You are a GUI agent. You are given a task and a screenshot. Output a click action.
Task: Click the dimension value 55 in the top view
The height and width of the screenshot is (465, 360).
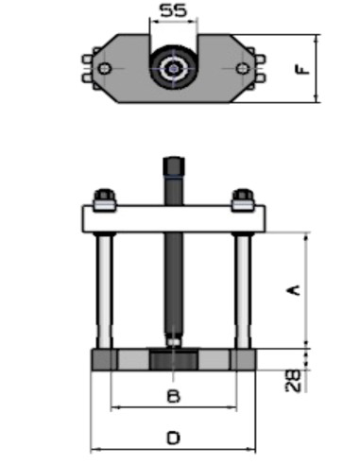coord(172,12)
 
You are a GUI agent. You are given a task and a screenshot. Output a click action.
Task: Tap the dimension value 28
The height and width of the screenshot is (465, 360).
coord(294,379)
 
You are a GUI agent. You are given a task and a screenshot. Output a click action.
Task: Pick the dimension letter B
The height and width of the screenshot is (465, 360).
coord(173,397)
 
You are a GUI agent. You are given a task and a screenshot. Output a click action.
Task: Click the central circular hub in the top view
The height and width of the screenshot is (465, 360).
coord(173,68)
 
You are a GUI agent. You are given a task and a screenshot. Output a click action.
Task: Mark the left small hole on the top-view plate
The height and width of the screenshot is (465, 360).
coord(105,68)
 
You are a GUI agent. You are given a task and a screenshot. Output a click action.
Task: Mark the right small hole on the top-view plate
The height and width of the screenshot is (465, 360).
coord(243,68)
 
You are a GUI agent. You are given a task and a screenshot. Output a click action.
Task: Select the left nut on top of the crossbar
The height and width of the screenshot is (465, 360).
coord(104,199)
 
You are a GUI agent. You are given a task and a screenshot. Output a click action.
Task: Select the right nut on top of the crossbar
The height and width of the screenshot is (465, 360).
coord(243,199)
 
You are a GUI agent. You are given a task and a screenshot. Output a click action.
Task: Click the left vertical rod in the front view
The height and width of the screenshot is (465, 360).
coord(104,288)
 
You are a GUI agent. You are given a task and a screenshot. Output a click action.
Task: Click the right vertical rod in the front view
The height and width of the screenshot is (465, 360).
coord(243,288)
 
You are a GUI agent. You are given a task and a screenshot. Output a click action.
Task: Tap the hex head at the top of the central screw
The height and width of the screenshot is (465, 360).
coord(173,169)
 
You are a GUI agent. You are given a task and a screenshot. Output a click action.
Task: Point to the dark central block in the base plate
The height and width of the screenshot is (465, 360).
coord(173,361)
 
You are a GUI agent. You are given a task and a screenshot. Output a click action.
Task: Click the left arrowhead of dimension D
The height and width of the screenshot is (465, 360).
coord(93,450)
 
